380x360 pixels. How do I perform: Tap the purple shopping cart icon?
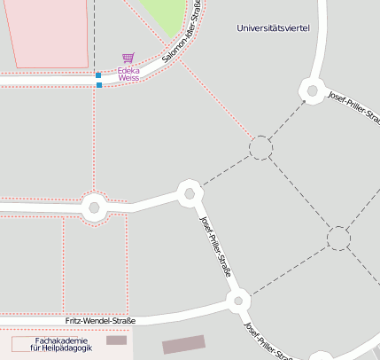coord(128,59)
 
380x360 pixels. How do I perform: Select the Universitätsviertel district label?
coord(273,28)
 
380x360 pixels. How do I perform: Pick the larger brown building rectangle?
coord(183,344)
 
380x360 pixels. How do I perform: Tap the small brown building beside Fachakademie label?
coord(116,340)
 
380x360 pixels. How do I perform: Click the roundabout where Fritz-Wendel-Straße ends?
coord(237,301)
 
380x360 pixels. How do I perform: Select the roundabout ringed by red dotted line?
coord(94,208)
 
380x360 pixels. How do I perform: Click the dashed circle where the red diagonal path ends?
coord(260,148)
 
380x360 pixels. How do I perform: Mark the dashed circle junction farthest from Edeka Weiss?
coord(337,238)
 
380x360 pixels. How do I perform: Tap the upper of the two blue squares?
coord(98,75)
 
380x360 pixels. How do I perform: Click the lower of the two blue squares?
coord(99,85)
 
